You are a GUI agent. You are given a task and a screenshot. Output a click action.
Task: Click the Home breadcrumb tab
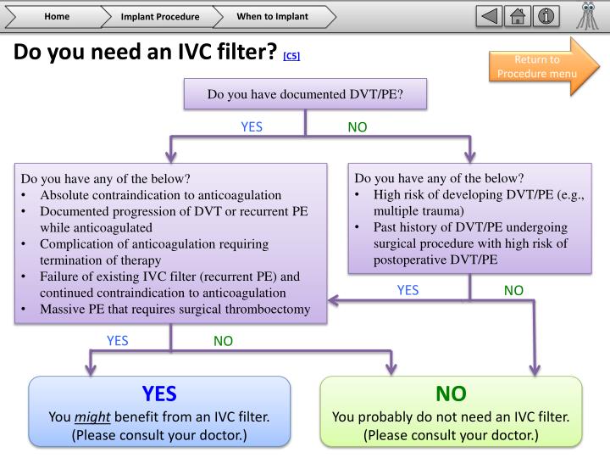pos(57,16)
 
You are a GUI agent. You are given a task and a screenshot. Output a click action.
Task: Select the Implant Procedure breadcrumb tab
pos(159,16)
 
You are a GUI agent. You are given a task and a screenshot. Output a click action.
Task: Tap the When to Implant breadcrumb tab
pos(272,16)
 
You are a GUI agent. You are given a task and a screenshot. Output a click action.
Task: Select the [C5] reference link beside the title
pos(291,57)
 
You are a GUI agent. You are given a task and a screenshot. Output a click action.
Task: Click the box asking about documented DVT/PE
pos(305,93)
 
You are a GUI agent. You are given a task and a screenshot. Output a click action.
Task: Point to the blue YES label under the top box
pos(252,127)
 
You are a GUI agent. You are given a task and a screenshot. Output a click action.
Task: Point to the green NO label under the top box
pos(358,127)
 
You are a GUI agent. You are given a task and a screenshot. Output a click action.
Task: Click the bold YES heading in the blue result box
pos(159,394)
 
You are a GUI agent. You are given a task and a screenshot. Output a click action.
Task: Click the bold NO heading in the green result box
pos(451,394)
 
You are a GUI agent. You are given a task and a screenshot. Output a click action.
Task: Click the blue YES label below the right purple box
pos(408,290)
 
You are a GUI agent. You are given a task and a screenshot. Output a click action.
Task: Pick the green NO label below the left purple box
pos(223,341)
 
